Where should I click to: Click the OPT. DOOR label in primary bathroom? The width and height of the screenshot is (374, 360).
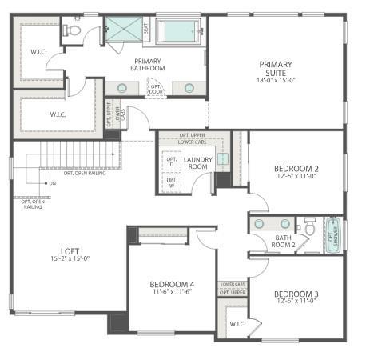pos(157,90)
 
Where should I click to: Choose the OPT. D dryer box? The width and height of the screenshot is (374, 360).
pos(171,162)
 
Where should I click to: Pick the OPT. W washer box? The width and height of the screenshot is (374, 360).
pos(171,182)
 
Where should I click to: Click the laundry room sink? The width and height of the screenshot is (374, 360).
pos(223,158)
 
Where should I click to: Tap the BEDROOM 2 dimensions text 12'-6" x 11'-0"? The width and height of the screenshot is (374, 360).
pos(296,178)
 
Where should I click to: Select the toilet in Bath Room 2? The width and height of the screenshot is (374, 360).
pos(311,225)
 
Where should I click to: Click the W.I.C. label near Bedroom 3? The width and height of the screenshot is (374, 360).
pos(237,324)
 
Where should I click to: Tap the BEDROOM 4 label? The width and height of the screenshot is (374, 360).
pos(171,285)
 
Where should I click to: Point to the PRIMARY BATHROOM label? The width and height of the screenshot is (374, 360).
pos(149,64)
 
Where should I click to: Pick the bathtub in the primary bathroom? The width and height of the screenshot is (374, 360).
pos(180,31)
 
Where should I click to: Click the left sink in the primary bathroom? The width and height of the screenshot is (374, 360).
pos(122,88)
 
